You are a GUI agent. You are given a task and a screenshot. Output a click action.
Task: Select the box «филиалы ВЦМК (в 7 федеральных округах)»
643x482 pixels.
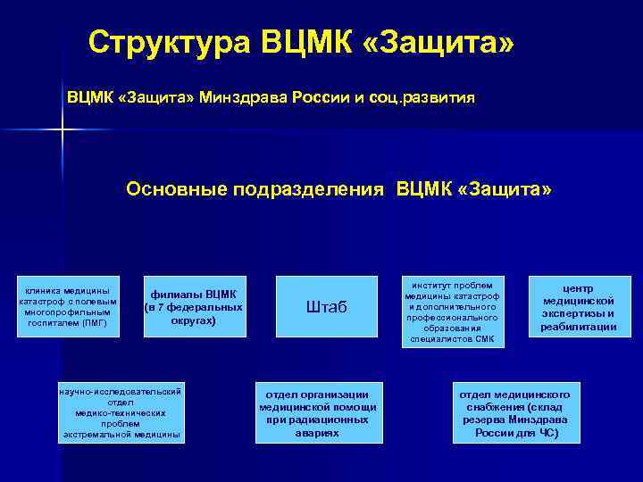click(194, 307)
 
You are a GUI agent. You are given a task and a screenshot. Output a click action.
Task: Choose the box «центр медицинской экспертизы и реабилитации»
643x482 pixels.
click(579, 307)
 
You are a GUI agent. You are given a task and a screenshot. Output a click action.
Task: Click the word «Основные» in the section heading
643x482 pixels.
click(175, 190)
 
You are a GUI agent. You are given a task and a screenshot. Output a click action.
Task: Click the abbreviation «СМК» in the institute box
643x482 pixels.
click(483, 339)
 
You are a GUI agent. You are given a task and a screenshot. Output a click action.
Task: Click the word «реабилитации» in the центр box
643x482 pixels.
click(579, 327)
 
